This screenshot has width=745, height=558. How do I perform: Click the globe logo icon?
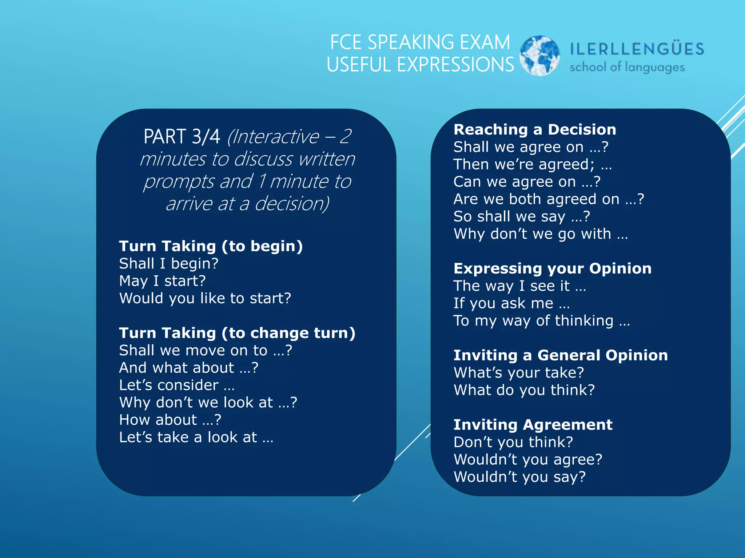(539, 56)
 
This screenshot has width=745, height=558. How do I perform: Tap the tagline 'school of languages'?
(627, 67)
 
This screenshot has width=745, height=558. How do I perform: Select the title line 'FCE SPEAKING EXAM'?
(420, 43)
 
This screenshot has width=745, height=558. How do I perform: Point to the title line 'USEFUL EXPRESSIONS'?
(420, 65)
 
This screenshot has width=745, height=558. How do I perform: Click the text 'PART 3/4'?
(182, 137)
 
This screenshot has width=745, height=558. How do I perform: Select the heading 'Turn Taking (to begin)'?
(211, 246)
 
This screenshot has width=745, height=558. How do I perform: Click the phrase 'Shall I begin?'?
(169, 264)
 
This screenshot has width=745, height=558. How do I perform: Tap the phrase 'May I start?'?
(162, 281)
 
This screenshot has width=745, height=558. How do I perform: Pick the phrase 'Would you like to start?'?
(205, 299)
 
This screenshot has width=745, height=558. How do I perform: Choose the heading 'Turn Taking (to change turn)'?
(237, 333)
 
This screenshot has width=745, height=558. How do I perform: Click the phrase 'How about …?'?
(170, 420)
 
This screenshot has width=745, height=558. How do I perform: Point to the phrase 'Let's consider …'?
(177, 385)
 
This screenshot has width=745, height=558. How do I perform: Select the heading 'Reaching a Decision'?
(535, 130)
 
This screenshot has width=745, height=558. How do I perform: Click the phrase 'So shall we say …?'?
(522, 217)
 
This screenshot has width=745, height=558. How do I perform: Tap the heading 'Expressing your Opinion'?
(553, 268)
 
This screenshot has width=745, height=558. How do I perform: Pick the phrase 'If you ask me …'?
(511, 303)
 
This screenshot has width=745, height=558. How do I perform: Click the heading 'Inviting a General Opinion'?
(561, 355)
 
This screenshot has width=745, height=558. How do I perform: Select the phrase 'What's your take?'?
(519, 373)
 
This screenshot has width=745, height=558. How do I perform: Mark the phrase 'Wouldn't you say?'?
(520, 477)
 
